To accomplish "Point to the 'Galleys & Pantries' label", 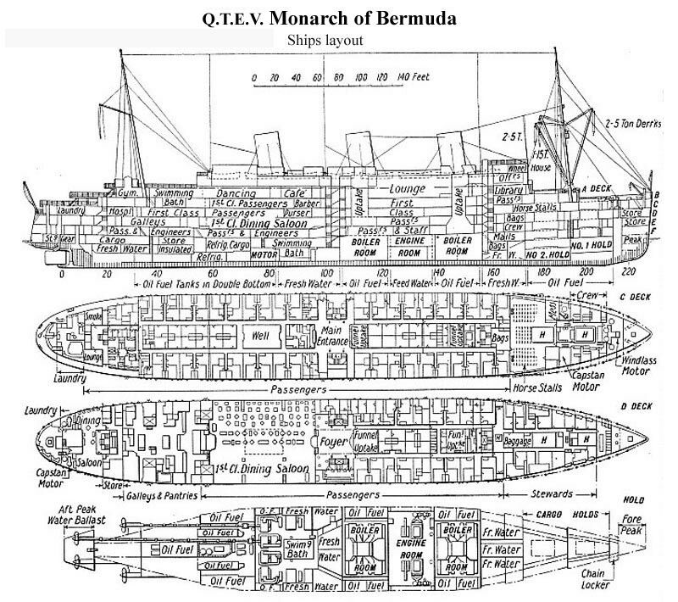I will (162, 494).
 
